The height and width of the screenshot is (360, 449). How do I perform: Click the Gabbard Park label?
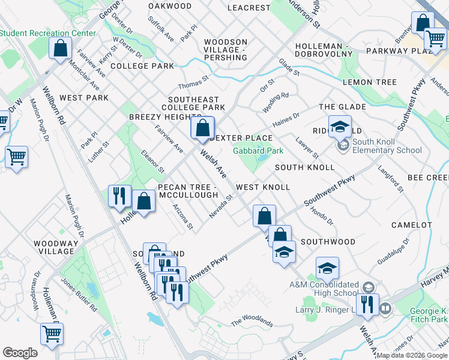pos(258,151)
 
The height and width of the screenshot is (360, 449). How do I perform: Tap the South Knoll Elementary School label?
pos(387,146)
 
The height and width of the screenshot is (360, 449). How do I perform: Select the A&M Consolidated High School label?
pos(324,289)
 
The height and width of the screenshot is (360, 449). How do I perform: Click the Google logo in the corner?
pos(20,353)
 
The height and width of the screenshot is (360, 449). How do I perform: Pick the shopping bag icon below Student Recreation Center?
pos(61,49)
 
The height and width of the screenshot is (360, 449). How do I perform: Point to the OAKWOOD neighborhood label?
pos(169,6)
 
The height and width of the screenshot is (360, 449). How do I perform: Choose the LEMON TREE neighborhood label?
pos(369,82)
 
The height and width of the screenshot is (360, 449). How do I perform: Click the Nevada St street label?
pos(220,206)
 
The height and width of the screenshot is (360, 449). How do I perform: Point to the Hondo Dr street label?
pos(321,217)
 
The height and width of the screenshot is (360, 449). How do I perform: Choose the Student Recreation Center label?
pos(48,34)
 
